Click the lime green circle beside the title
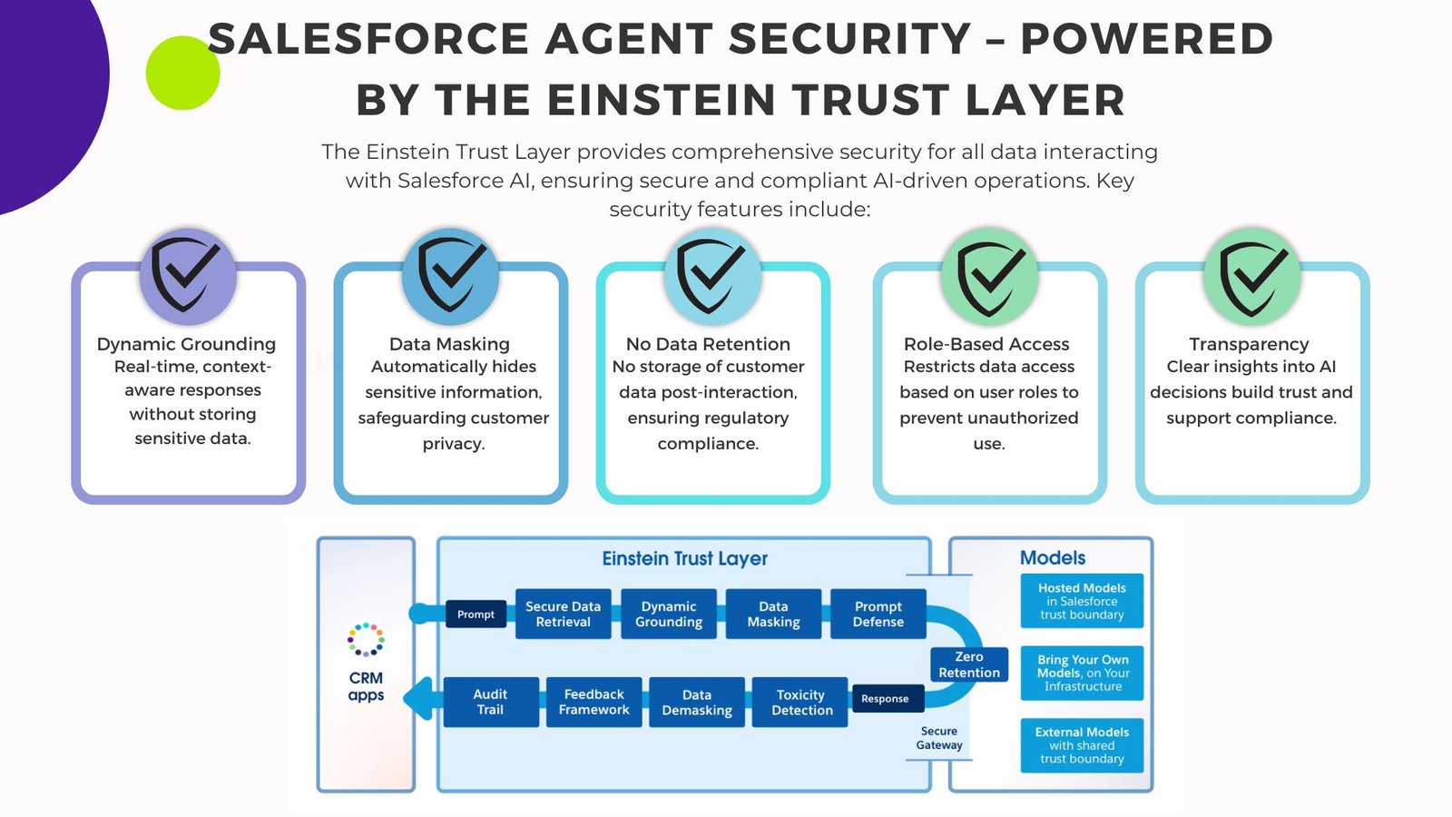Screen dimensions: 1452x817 pos(182,73)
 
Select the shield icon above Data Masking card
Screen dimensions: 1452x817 pos(450,275)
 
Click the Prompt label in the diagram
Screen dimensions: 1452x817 pos(476,614)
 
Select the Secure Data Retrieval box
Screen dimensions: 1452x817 pos(563,614)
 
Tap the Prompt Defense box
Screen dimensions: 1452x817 pos(878,614)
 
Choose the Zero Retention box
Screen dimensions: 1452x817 pos(969,664)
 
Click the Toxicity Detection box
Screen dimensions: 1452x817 pos(800,703)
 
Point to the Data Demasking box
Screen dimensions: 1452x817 pos(697,703)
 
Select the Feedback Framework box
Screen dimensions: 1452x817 pos(594,703)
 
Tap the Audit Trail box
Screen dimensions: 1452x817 pos(491,703)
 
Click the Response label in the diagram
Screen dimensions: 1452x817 pos(885,698)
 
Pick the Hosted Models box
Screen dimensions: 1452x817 pos(1082,601)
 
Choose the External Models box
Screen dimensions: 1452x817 pos(1082,745)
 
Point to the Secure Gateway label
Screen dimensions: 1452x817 pos(938,738)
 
